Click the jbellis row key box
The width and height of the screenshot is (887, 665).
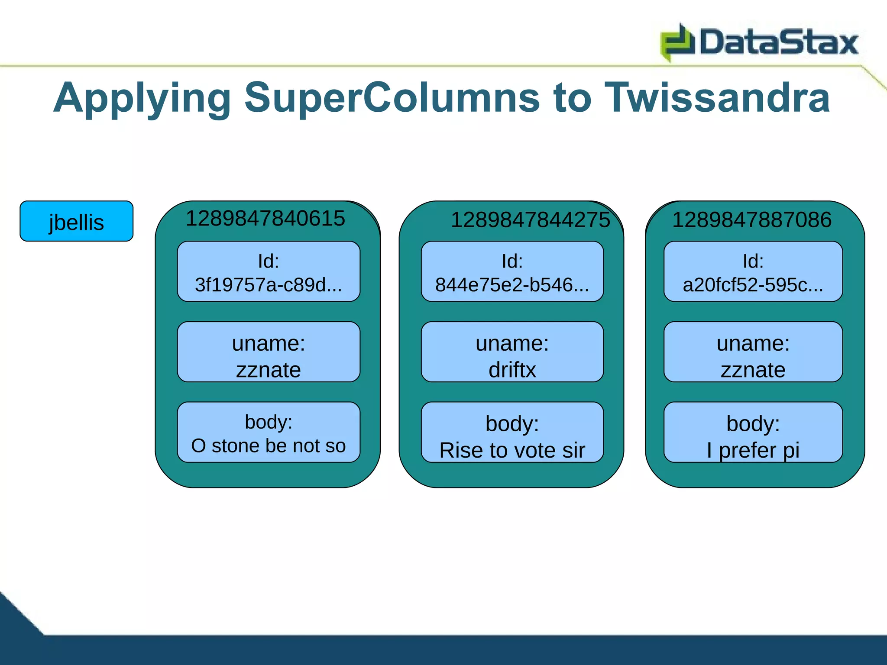(77, 221)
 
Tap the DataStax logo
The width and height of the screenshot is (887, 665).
(759, 42)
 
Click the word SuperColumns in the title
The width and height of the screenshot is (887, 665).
(392, 98)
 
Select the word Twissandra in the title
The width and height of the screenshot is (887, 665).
(717, 98)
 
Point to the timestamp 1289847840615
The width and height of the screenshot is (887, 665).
(265, 218)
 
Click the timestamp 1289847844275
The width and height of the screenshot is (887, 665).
(530, 220)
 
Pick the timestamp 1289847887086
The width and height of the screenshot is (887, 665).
(751, 220)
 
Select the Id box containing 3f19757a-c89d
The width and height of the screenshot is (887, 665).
(269, 272)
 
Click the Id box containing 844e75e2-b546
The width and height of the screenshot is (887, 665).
(512, 272)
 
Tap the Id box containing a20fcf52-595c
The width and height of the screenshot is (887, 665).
(753, 272)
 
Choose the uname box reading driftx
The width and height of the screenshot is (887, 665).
(512, 352)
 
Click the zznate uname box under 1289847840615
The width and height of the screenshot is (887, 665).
(269, 352)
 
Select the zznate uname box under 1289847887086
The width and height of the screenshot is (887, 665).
(753, 352)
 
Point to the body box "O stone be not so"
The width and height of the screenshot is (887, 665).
(269, 433)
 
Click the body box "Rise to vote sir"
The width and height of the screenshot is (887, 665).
(512, 433)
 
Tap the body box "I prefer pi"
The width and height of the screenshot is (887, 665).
(753, 433)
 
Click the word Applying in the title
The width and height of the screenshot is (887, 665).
(142, 99)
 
